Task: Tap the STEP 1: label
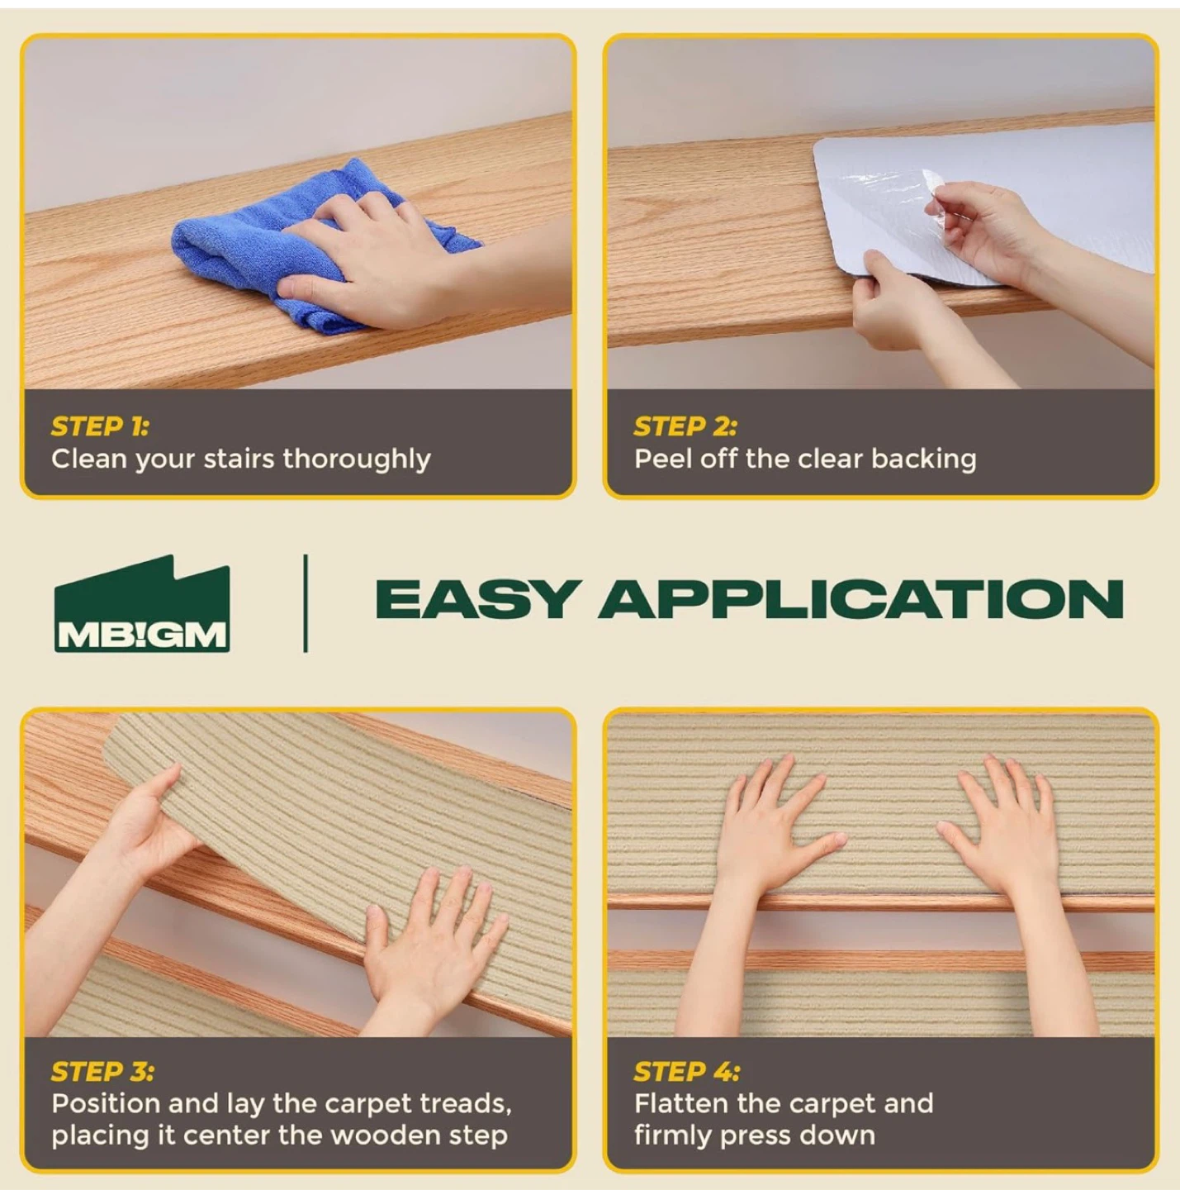click(100, 426)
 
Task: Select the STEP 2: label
click(685, 426)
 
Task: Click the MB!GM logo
click(142, 603)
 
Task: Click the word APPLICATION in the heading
click(860, 599)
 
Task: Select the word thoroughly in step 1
click(357, 460)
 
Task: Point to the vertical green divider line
click(306, 603)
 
